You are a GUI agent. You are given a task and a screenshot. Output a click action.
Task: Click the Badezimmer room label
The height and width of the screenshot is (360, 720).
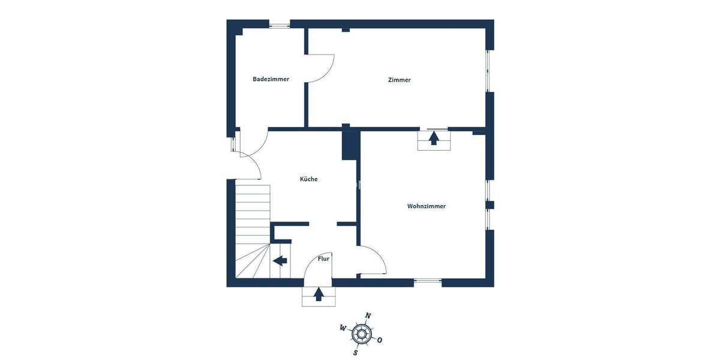pyautogui.click(x=271, y=79)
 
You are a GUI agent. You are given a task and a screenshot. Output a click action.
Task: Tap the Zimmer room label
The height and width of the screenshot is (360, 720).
pyautogui.click(x=399, y=80)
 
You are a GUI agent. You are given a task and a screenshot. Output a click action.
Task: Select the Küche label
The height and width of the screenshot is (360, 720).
pyautogui.click(x=308, y=179)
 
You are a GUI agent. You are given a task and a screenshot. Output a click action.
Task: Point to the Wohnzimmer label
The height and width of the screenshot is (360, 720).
pyautogui.click(x=426, y=206)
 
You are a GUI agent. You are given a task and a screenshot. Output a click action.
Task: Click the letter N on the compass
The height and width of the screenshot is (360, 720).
pyautogui.click(x=368, y=316)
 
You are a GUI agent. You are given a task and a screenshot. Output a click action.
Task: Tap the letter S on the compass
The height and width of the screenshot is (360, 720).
pyautogui.click(x=355, y=352)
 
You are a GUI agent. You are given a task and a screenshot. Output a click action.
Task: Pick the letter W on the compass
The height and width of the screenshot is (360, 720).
pyautogui.click(x=343, y=328)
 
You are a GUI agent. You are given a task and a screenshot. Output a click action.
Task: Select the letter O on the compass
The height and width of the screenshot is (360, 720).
pyautogui.click(x=380, y=340)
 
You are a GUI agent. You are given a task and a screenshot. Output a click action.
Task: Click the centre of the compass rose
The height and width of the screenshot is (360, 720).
pyautogui.click(x=361, y=334)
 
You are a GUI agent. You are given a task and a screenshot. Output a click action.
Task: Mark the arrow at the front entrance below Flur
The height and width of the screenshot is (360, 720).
pyautogui.click(x=319, y=294)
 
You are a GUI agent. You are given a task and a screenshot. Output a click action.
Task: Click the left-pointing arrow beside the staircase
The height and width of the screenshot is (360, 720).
pyautogui.click(x=280, y=260)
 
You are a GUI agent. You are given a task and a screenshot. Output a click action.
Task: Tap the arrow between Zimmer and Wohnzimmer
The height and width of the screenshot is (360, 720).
pyautogui.click(x=433, y=138)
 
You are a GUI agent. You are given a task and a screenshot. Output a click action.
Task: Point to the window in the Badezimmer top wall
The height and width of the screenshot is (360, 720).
pyautogui.click(x=279, y=25)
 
